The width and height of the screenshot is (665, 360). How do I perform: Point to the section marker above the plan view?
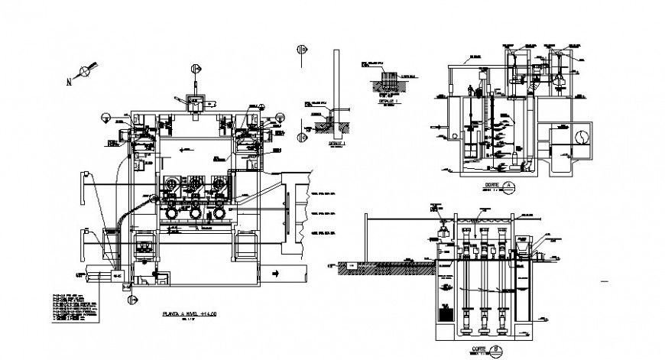196,70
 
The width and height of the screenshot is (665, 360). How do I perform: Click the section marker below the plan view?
131,300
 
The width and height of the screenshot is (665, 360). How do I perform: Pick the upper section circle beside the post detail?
302,50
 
